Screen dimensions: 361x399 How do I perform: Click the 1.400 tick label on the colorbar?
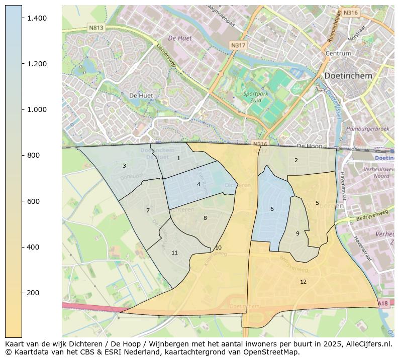[38, 18]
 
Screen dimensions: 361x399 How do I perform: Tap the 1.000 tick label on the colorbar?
[38, 109]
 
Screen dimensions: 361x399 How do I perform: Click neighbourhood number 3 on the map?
[124, 166]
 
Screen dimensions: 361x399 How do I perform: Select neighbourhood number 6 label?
[272, 209]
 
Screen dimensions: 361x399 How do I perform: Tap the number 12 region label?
[303, 282]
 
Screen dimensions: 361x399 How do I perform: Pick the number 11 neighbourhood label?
[174, 253]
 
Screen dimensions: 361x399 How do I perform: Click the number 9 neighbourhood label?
[297, 233]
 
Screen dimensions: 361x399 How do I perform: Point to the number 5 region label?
[317, 203]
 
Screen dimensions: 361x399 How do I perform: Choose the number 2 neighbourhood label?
[296, 160]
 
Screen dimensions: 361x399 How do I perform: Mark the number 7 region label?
[148, 210]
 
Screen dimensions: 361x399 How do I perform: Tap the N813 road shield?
[95, 28]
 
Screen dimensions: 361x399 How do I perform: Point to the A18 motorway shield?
[383, 303]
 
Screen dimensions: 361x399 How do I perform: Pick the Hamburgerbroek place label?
[368, 129]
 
